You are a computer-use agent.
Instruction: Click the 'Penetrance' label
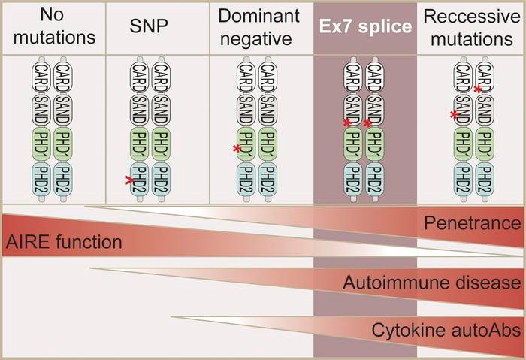(x=472, y=222)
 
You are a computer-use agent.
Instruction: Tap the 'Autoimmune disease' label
(x=432, y=283)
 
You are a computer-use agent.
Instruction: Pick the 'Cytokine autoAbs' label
(x=446, y=330)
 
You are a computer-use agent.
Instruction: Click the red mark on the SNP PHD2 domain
(x=131, y=180)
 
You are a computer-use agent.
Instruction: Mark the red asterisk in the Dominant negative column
(x=237, y=149)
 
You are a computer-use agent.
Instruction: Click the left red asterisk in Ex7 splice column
(x=347, y=123)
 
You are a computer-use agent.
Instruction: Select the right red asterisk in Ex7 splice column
(x=367, y=123)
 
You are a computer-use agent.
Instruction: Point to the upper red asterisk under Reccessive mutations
(x=478, y=89)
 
